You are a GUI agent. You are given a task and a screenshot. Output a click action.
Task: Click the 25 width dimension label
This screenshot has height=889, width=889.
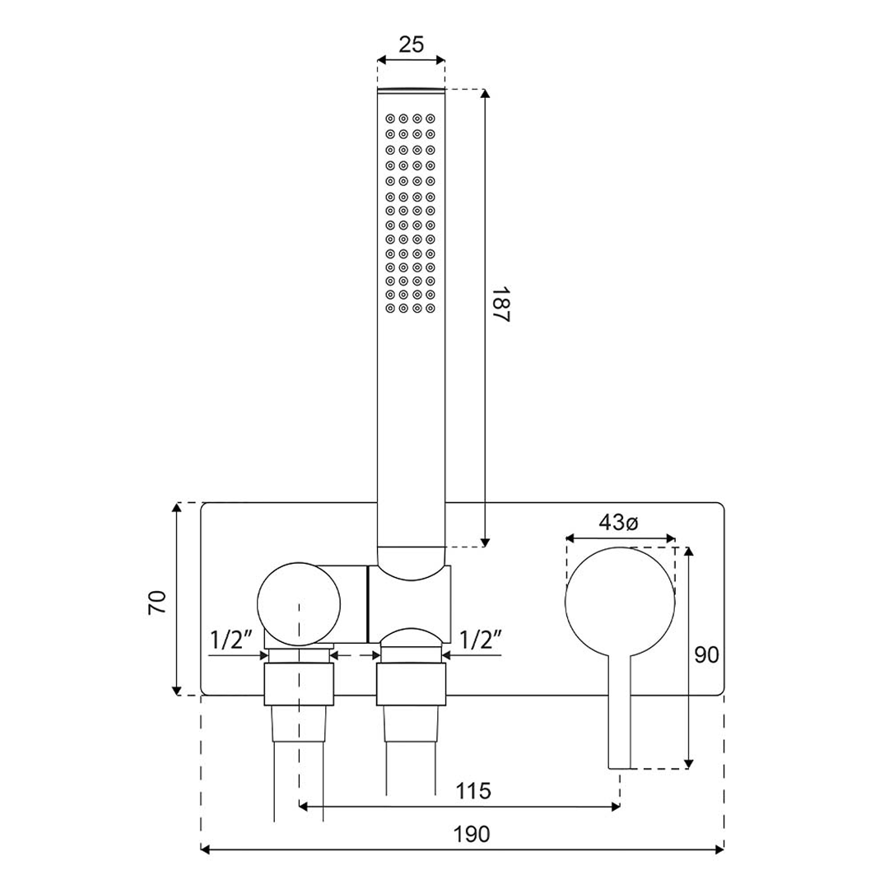click(x=411, y=44)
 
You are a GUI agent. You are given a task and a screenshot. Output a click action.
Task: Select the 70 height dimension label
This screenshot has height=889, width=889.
click(x=157, y=602)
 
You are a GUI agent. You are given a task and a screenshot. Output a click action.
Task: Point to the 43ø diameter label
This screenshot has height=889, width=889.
click(x=618, y=522)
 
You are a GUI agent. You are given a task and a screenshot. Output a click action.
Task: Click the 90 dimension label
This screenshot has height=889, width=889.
click(x=706, y=655)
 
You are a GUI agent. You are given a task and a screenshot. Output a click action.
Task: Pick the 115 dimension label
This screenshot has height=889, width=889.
click(x=473, y=791)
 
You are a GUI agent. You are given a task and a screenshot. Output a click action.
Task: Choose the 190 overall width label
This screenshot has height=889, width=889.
click(x=472, y=834)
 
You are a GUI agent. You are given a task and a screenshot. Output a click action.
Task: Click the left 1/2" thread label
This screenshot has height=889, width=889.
click(x=231, y=640)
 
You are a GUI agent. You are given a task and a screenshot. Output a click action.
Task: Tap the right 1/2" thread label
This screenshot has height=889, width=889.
click(x=480, y=640)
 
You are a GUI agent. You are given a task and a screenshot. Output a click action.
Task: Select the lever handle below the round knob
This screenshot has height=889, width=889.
click(x=620, y=711)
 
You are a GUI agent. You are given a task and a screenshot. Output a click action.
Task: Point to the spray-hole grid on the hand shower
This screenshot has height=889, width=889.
click(x=411, y=213)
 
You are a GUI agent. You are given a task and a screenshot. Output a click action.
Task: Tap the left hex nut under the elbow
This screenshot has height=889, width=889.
click(x=299, y=685)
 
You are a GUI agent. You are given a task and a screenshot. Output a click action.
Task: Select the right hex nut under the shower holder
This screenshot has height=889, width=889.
click(x=411, y=685)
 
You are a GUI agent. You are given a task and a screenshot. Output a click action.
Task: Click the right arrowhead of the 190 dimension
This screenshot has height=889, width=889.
click(x=719, y=849)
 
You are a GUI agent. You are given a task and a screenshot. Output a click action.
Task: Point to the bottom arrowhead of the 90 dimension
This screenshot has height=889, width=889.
click(x=688, y=764)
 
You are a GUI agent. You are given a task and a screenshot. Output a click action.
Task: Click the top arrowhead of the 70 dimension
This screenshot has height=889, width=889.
click(x=177, y=507)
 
